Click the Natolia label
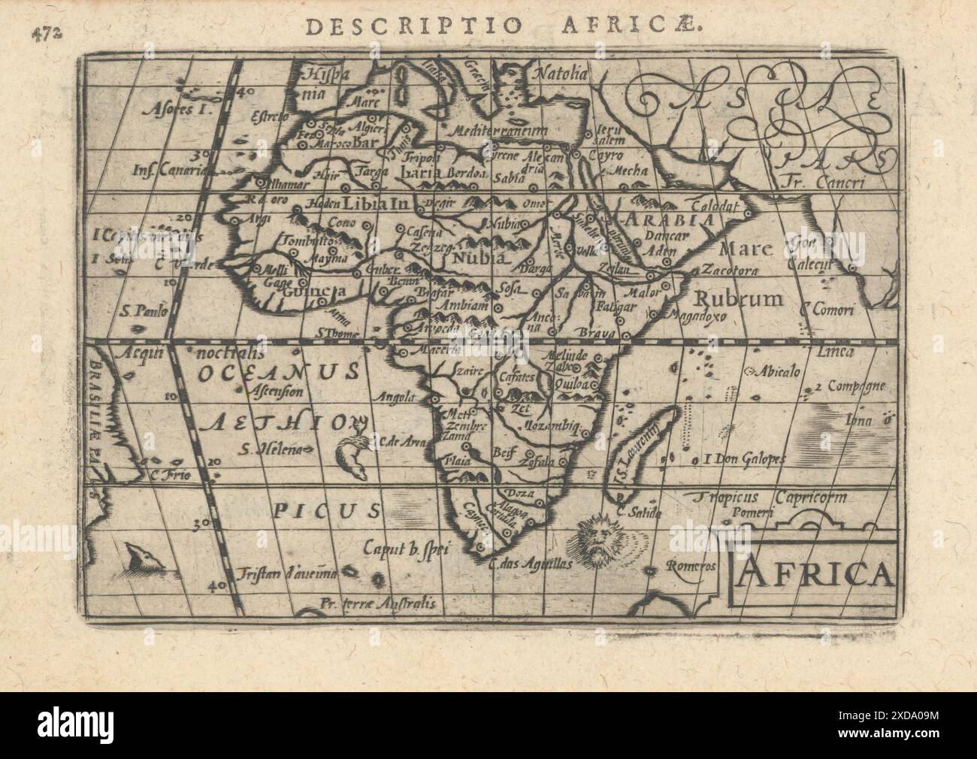(x=559, y=74)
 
